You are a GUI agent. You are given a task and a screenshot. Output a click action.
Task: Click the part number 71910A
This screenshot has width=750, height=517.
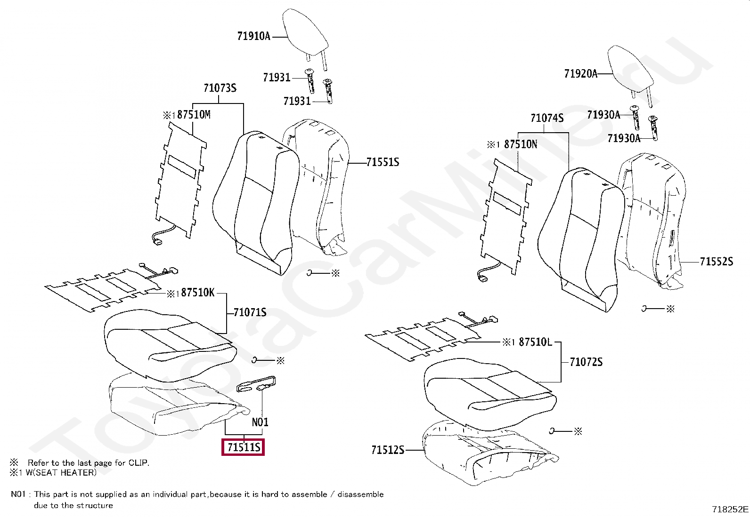tap(253, 36)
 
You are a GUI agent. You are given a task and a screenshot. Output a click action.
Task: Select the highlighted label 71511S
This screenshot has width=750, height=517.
tap(243, 447)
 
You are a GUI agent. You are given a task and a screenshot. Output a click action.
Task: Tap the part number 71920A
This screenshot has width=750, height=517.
tap(581, 73)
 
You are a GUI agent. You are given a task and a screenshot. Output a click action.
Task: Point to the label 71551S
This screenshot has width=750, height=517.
tap(383, 162)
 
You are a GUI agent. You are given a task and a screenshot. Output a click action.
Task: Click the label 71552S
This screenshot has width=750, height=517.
tap(716, 262)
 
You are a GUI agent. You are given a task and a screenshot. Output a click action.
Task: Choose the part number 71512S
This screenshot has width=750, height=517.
tap(388, 450)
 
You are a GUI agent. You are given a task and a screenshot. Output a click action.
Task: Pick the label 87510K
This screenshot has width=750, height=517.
tap(197, 293)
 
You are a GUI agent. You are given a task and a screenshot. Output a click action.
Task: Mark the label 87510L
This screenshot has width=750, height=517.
tap(535, 342)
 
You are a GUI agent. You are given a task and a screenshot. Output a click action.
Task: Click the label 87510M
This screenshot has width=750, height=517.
tap(194, 114)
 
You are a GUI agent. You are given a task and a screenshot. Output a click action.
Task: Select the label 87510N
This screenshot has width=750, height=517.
tap(521, 144)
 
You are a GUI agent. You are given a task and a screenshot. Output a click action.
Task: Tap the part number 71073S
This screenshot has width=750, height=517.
tap(220, 88)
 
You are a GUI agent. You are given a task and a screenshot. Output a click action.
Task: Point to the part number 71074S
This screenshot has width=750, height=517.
tap(547, 118)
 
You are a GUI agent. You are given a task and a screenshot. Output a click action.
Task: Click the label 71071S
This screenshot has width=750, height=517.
tap(250, 312)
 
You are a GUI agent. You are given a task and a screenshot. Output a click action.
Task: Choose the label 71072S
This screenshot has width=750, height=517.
tap(586, 362)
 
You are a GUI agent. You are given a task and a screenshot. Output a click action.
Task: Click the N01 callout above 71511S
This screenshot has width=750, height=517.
tap(260, 422)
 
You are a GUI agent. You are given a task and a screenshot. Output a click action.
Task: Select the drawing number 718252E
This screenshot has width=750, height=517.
tap(730, 509)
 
